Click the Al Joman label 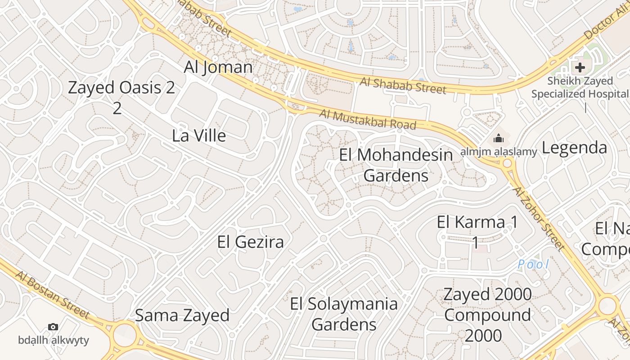tap(218, 67)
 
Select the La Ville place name tap(199, 135)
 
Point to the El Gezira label tap(250, 242)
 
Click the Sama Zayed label tap(182, 315)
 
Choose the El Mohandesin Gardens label tap(396, 165)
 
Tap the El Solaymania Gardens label tap(344, 314)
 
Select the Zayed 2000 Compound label tap(487, 315)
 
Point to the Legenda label tap(574, 148)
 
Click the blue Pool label tap(533, 264)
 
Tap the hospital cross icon tap(580, 67)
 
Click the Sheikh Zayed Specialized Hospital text tap(580, 87)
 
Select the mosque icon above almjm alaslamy tap(499, 138)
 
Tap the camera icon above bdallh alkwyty tap(53, 327)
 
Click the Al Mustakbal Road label tap(367, 119)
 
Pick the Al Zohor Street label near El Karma tap(539, 218)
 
